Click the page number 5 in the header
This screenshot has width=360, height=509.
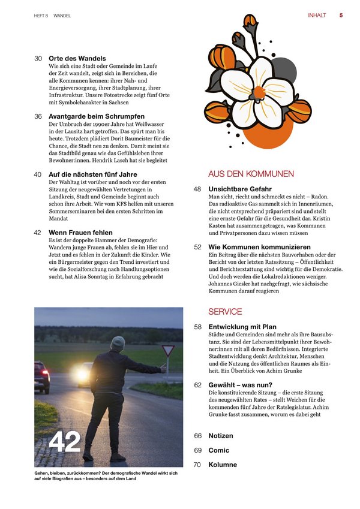tap(341, 16)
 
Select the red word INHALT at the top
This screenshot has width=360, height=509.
tap(317, 16)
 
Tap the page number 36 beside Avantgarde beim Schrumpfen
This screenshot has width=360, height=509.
tap(38, 116)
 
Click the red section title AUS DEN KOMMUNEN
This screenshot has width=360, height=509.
tap(251, 174)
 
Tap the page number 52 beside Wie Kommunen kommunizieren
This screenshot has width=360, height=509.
tap(197, 246)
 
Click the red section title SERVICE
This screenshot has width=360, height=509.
tap(225, 312)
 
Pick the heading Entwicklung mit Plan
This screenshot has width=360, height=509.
tap(242, 327)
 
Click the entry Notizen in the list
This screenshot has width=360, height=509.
tap(221, 436)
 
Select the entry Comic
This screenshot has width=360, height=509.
tap(219, 450)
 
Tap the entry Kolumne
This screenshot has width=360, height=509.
tap(223, 465)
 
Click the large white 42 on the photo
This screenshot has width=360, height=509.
tap(65, 442)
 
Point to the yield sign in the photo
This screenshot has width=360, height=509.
tap(169, 350)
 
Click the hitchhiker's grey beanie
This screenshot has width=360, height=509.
tap(118, 342)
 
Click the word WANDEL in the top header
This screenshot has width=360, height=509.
tap(62, 16)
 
